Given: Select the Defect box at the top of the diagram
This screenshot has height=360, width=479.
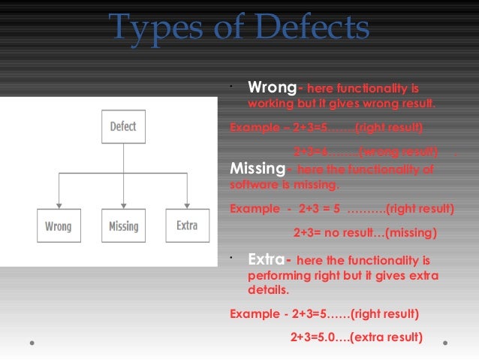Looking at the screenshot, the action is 123,126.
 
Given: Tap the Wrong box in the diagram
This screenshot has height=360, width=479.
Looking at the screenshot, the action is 59,225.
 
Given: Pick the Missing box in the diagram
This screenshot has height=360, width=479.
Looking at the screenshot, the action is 123,225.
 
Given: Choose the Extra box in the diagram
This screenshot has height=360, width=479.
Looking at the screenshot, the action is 187,225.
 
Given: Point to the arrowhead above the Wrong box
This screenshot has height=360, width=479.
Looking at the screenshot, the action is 59,205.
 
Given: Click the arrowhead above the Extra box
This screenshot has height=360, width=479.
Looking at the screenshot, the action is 187,205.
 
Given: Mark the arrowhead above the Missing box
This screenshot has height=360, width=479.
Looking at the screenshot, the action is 123,205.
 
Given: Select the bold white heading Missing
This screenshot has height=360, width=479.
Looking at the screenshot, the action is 256,168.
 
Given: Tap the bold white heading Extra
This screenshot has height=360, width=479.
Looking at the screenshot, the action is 265,260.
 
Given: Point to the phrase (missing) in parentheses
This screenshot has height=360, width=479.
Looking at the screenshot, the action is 410,233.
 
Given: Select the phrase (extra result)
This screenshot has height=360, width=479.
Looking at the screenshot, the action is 384,335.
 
